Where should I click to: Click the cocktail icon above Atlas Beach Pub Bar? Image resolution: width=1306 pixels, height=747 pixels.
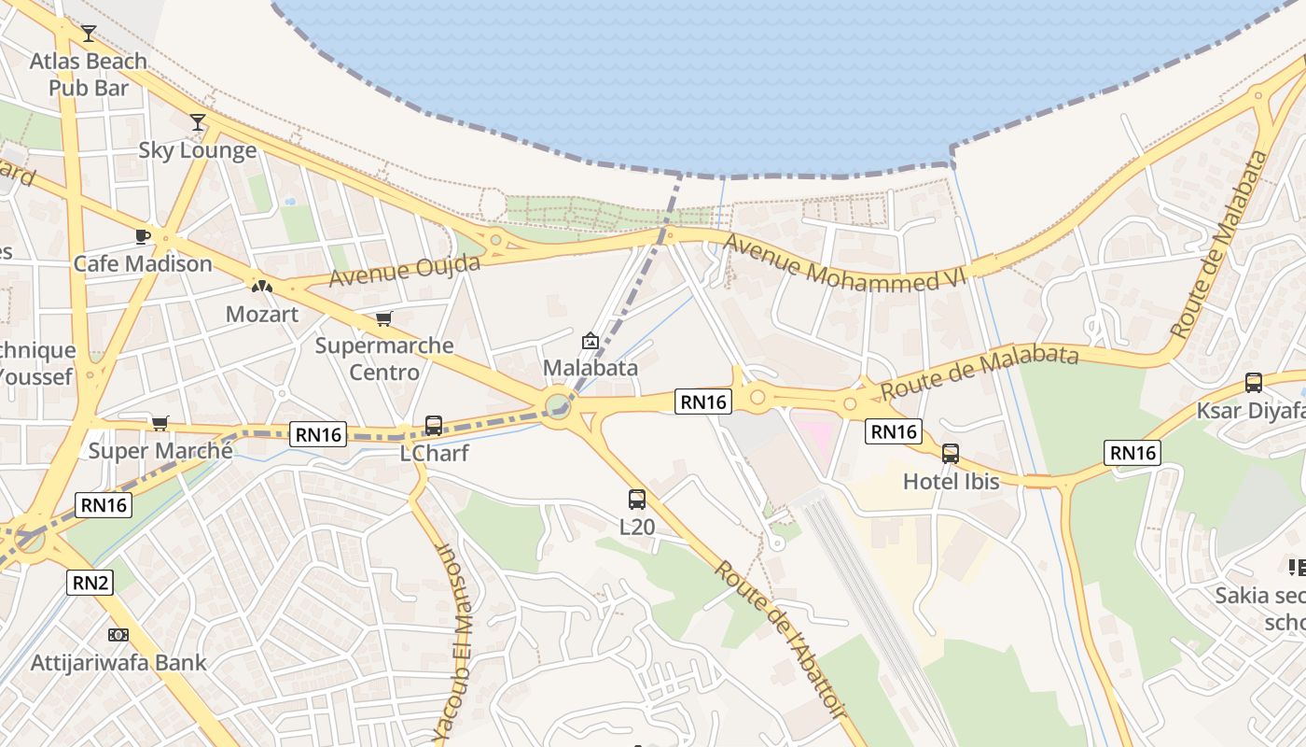point(88,34)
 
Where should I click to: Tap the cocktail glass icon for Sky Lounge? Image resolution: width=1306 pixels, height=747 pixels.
point(197,122)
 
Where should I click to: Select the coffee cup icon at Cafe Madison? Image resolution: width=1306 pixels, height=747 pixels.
point(142,235)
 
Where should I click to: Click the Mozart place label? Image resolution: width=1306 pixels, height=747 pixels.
point(262,314)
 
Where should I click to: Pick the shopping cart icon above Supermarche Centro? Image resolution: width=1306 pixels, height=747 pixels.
point(383,319)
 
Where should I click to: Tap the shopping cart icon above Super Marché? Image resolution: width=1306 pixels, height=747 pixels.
point(160,424)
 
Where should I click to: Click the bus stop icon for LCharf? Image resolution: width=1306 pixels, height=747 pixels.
point(434,426)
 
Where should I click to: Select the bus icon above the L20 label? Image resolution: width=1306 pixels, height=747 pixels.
point(637,500)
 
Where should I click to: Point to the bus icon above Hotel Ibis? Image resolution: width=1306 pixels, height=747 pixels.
point(951,454)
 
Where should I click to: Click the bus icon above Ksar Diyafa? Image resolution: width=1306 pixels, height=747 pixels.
point(1254,383)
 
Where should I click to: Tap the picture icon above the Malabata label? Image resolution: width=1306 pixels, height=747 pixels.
point(590,341)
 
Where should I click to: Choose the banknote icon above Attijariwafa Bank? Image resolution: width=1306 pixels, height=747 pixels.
point(118,635)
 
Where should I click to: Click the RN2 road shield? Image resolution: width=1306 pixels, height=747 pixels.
point(90,584)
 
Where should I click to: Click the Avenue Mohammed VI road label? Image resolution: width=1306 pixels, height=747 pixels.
point(845,264)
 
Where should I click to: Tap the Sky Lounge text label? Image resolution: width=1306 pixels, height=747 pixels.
point(198,150)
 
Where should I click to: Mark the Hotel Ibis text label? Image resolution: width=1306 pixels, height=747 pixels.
point(951,482)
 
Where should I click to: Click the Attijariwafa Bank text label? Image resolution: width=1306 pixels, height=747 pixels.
point(118,663)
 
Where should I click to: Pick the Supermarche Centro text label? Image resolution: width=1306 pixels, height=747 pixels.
point(384,359)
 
